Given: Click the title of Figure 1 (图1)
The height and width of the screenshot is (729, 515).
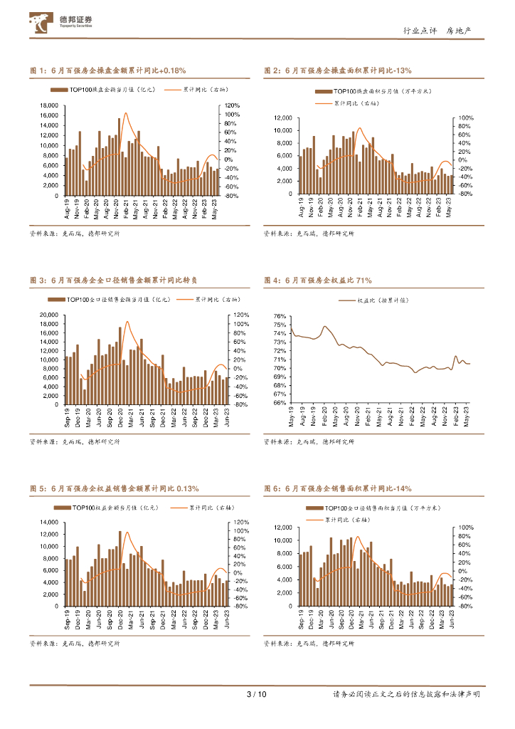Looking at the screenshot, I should point(107,70).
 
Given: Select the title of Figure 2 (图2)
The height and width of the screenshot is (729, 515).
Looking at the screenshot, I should point(337,70).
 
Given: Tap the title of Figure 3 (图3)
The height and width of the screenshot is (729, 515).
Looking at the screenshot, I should point(114,280).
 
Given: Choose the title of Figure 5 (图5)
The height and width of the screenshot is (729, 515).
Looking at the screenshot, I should point(114,488).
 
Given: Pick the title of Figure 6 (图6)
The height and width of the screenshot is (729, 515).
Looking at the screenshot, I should point(337,488).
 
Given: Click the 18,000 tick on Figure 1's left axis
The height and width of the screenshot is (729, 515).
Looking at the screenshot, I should point(49,105).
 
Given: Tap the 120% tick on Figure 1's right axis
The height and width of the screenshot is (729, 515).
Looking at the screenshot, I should point(232,105).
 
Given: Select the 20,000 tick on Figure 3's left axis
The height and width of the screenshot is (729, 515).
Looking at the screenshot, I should point(49,315).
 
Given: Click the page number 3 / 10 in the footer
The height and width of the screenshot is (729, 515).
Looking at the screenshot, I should point(256,694).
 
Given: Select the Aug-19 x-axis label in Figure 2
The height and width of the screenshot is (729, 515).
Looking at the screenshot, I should point(302,207).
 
